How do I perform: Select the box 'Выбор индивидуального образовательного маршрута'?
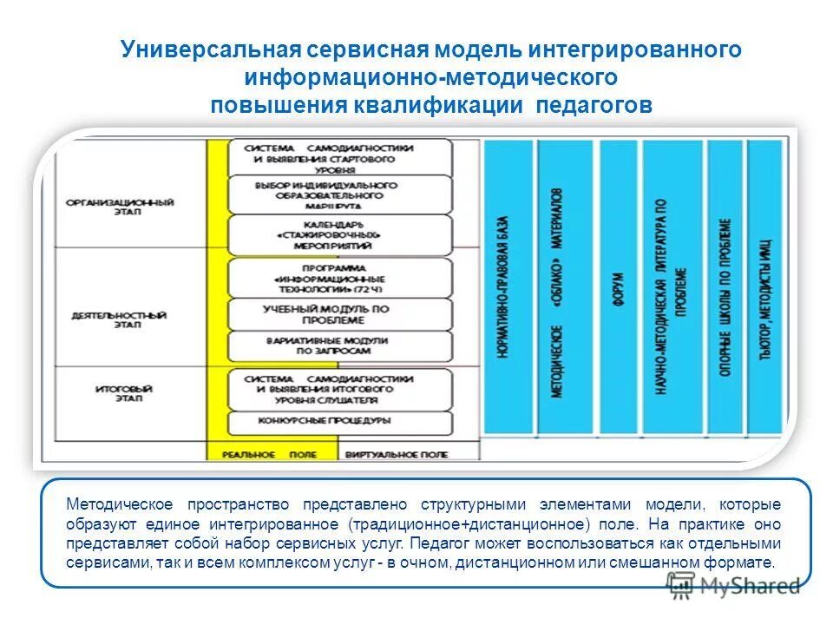[339, 195]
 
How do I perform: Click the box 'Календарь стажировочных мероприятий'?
[339, 234]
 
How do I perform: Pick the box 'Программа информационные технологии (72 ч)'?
[339, 278]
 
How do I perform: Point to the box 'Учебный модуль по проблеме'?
[339, 314]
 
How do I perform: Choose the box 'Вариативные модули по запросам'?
[339, 345]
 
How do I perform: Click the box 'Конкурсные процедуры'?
[339, 421]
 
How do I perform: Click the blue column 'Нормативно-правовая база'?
[508, 286]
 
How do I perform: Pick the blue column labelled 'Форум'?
[619, 286]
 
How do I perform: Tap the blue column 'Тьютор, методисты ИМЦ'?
[764, 286]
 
